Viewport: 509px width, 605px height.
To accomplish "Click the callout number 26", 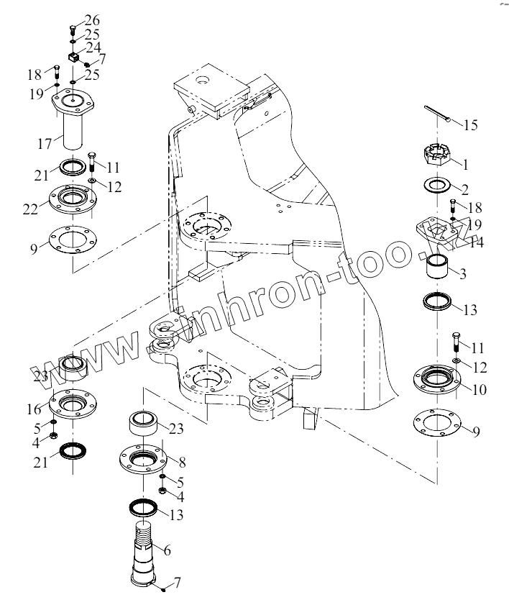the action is coord(93,19).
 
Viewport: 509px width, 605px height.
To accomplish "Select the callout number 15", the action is coord(469,125).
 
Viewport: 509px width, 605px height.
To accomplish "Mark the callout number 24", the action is coord(93,47).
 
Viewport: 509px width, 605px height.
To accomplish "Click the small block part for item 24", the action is coord(73,56).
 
